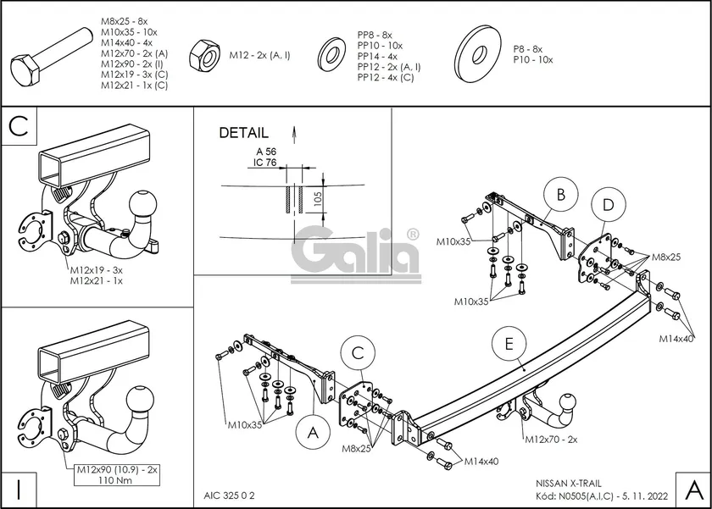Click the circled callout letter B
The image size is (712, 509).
tap(561, 195)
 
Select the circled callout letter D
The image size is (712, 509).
tap(609, 205)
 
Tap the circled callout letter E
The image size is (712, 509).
tap(509, 344)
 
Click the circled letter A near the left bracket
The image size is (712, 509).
tap(313, 433)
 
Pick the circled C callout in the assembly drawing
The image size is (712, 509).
tap(358, 353)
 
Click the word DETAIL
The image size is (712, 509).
tap(244, 132)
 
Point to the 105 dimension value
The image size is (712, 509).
tap(317, 198)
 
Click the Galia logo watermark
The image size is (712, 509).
tap(355, 256)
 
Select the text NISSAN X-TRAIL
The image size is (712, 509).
tap(569, 484)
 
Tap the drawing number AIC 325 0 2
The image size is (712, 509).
tap(230, 495)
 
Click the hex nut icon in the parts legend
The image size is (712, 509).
tap(205, 56)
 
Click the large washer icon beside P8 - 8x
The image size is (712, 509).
tap(478, 54)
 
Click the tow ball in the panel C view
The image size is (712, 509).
tap(143, 206)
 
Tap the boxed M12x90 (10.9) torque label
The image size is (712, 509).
tap(117, 474)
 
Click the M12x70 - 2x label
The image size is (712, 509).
tap(551, 440)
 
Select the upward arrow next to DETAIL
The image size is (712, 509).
tap(294, 135)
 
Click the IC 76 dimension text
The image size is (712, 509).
tap(264, 163)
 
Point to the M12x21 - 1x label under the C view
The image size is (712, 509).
tap(97, 281)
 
